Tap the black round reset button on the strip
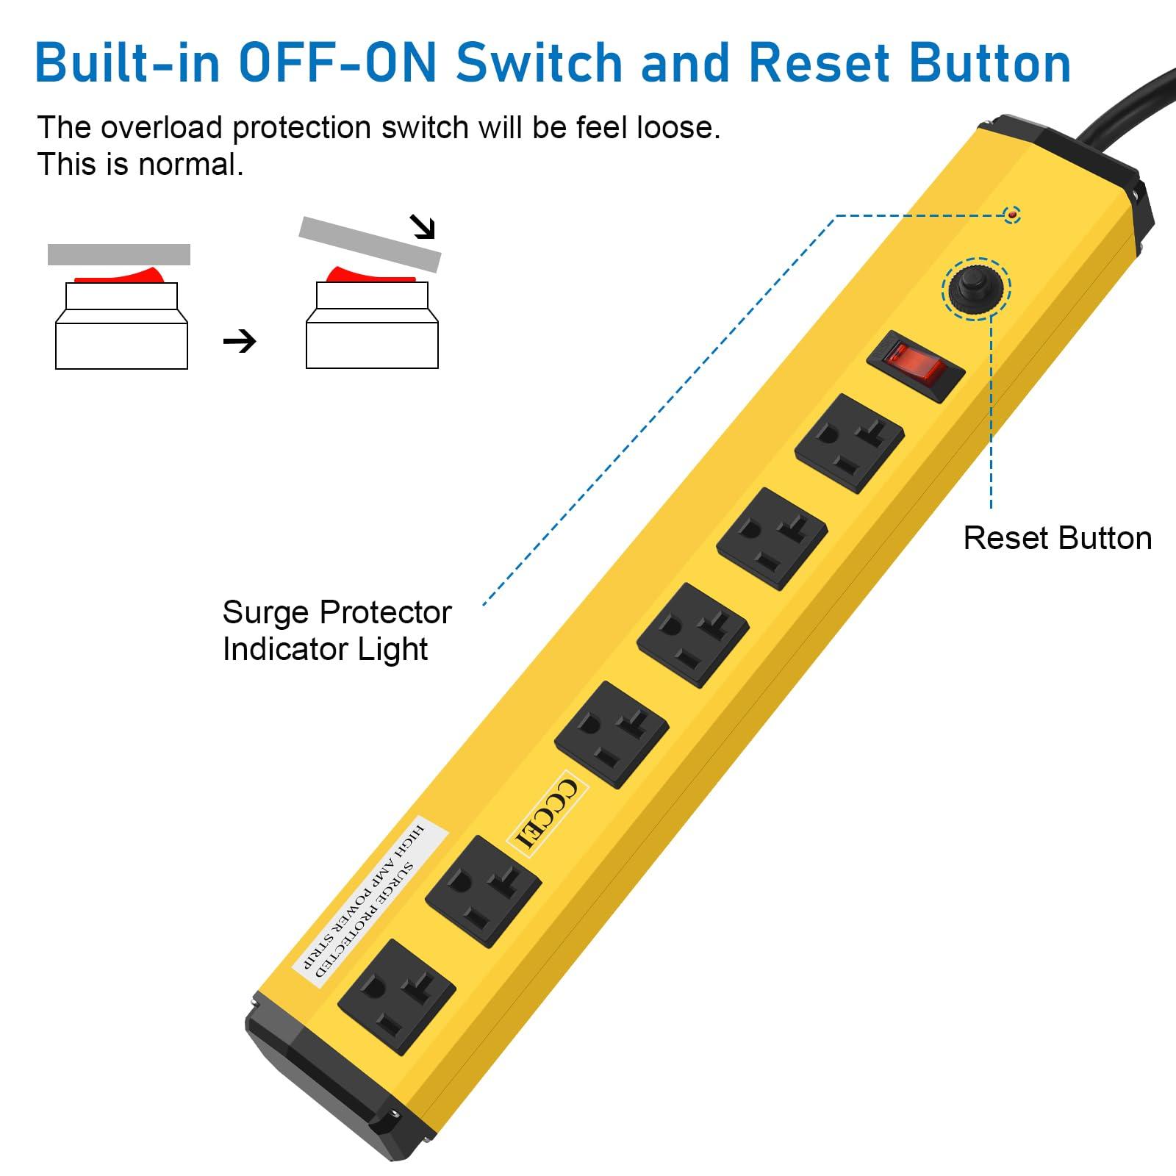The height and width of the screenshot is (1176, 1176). coord(976,288)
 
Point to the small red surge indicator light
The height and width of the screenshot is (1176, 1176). coord(1013,215)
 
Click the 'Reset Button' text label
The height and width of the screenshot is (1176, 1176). coord(1057,538)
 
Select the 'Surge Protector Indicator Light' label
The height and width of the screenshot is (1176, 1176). coord(336,631)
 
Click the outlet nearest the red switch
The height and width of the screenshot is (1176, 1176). coord(850,442)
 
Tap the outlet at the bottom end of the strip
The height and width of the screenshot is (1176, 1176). coord(397,997)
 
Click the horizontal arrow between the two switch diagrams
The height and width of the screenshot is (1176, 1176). coord(240,341)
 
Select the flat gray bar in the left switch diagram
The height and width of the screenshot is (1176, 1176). coord(119,254)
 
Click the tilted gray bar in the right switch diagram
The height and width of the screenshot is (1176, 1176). coord(370,244)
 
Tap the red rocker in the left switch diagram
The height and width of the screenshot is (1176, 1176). coord(121,277)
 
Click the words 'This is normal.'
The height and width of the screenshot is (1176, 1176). coord(140,165)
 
